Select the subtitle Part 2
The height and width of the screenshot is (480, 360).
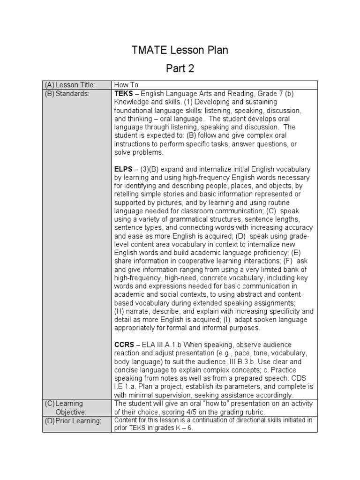(180, 69)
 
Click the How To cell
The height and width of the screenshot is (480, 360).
(127, 85)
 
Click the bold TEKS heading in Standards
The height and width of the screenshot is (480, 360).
(124, 93)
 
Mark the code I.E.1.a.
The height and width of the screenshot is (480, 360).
(127, 387)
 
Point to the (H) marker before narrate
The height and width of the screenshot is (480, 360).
(120, 311)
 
